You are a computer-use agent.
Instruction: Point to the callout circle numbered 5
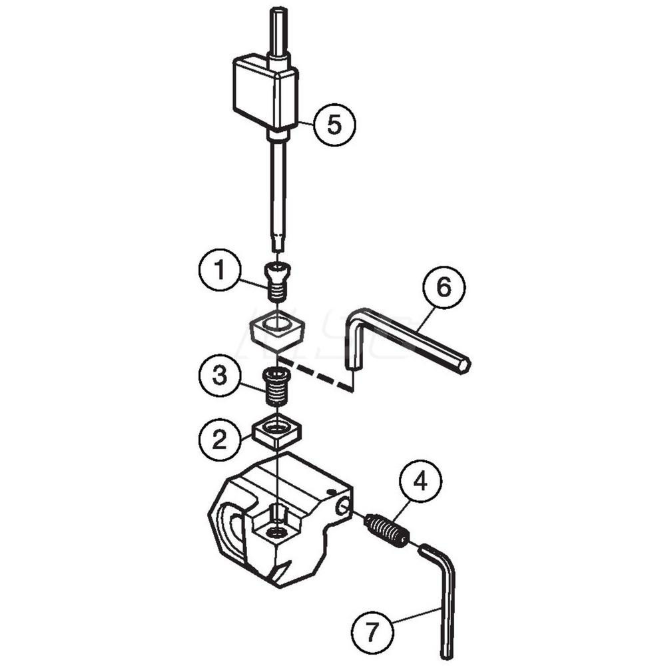tap(335, 125)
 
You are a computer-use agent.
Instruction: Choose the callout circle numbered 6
tap(444, 288)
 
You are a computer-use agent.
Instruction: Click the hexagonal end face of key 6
tap(464, 365)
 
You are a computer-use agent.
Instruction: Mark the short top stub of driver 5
tap(278, 30)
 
